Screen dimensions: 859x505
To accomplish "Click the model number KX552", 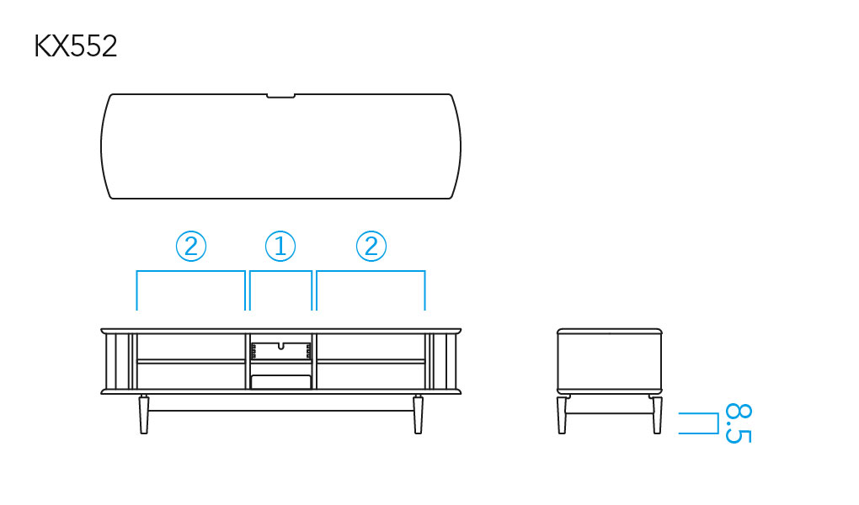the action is pyautogui.click(x=76, y=46).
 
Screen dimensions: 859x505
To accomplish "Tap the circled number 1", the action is pyautogui.click(x=280, y=246).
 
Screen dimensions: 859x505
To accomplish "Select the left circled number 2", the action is pyautogui.click(x=191, y=246).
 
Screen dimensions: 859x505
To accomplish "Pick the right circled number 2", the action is pyautogui.click(x=371, y=246).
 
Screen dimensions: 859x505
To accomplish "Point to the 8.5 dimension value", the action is pyautogui.click(x=739, y=423).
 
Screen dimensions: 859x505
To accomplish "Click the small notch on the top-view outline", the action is pyautogui.click(x=280, y=97).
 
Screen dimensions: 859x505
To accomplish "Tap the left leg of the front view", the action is pyautogui.click(x=144, y=415).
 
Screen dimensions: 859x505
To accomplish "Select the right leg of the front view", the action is pyautogui.click(x=418, y=415).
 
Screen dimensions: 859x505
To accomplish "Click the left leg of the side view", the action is pyautogui.click(x=562, y=415).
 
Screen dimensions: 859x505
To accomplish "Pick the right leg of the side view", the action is pyautogui.click(x=658, y=415).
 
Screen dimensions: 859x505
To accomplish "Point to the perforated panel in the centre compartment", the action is pyautogui.click(x=281, y=351).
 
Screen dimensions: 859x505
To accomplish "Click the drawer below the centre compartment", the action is pyautogui.click(x=281, y=382).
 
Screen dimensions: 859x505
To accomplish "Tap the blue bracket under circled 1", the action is pyautogui.click(x=281, y=271).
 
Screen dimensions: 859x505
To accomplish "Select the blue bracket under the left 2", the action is pyautogui.click(x=190, y=271).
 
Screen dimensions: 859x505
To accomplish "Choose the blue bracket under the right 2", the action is pyautogui.click(x=371, y=271).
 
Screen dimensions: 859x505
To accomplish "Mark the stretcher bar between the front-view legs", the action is pyautogui.click(x=281, y=410).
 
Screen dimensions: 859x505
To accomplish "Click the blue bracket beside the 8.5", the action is pyautogui.click(x=718, y=423).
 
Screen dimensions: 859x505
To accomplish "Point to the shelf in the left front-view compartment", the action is pyautogui.click(x=191, y=361).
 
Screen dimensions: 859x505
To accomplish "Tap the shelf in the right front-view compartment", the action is pyautogui.click(x=371, y=361).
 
